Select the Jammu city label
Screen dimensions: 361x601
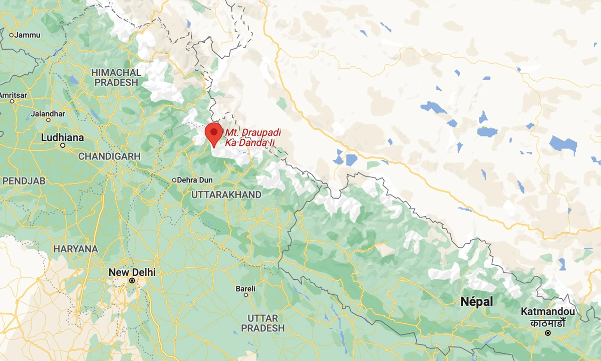click(28, 35)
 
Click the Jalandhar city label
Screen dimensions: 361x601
click(48, 114)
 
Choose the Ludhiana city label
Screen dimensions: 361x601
click(63, 137)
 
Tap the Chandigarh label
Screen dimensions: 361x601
click(109, 156)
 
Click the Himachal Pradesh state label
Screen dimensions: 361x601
click(116, 77)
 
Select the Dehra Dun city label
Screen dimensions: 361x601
click(195, 180)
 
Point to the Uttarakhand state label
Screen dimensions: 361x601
click(226, 195)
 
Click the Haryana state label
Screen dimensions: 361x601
click(76, 249)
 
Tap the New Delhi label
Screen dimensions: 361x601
click(132, 272)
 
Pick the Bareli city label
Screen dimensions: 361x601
click(245, 289)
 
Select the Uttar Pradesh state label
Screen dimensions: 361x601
click(262, 323)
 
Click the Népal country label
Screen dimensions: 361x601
click(476, 302)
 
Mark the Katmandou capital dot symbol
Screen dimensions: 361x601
click(548, 333)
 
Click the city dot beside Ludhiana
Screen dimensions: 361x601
click(63, 145)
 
